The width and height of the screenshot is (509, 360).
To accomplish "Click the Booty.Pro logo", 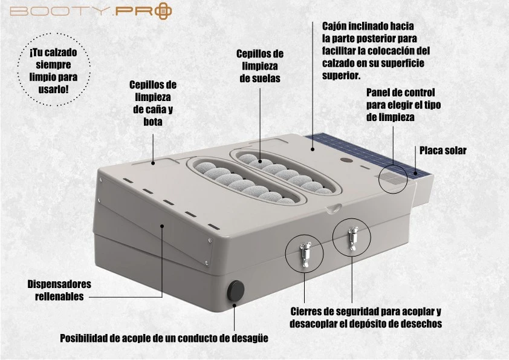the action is click(x=91, y=10).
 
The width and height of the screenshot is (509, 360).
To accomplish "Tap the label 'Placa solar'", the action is click(x=443, y=151).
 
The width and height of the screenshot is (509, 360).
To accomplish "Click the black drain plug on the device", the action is click(x=236, y=290).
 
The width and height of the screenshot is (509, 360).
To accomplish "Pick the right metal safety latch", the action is click(x=352, y=238).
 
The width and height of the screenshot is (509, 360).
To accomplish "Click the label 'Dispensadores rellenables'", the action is click(x=59, y=290).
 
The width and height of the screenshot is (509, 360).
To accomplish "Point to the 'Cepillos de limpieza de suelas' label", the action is click(x=260, y=66).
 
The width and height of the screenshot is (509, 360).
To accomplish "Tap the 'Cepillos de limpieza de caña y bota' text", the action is click(x=153, y=103).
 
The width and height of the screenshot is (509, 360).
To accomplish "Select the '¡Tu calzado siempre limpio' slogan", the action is click(x=53, y=71).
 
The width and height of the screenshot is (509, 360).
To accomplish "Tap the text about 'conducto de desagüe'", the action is click(x=164, y=338).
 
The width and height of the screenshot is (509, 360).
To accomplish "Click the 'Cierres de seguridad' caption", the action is click(x=366, y=318).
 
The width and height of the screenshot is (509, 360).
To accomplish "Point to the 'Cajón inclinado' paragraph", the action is click(x=376, y=51).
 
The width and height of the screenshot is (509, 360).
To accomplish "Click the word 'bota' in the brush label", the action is click(x=153, y=122).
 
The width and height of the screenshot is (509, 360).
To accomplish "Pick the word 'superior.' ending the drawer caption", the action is click(x=341, y=76).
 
